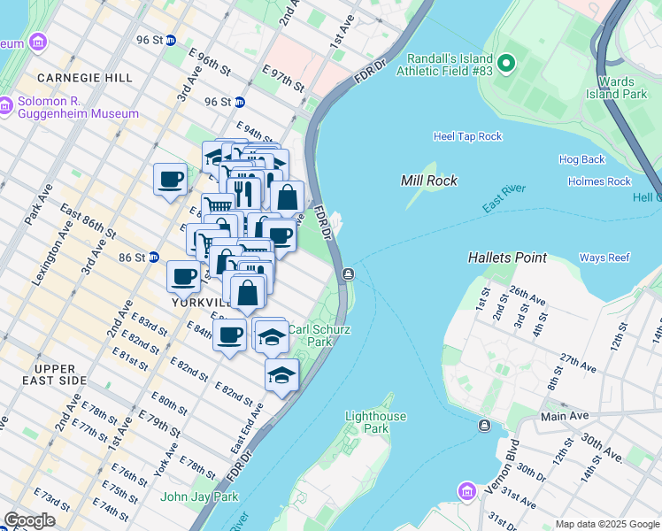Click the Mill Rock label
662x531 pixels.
pos(428,181)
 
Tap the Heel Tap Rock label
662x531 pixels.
pos(467,136)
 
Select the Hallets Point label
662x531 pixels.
pos(507,258)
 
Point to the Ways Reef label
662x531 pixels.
pos(604,258)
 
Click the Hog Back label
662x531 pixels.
pos(581,159)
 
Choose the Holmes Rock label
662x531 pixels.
pos(599,181)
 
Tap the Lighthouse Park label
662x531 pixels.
pos(375,422)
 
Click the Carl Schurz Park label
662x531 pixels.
pos(319,335)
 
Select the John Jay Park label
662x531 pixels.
pos(199,496)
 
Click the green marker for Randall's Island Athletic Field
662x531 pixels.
pos(505,63)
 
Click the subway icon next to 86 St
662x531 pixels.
pos(153,258)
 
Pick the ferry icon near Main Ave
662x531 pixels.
pos(484,427)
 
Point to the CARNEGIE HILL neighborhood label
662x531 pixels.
pos(85,78)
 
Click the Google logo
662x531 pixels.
pos(29,520)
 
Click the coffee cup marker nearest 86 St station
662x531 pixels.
pos(183,277)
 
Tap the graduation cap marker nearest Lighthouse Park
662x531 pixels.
pos(281,375)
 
